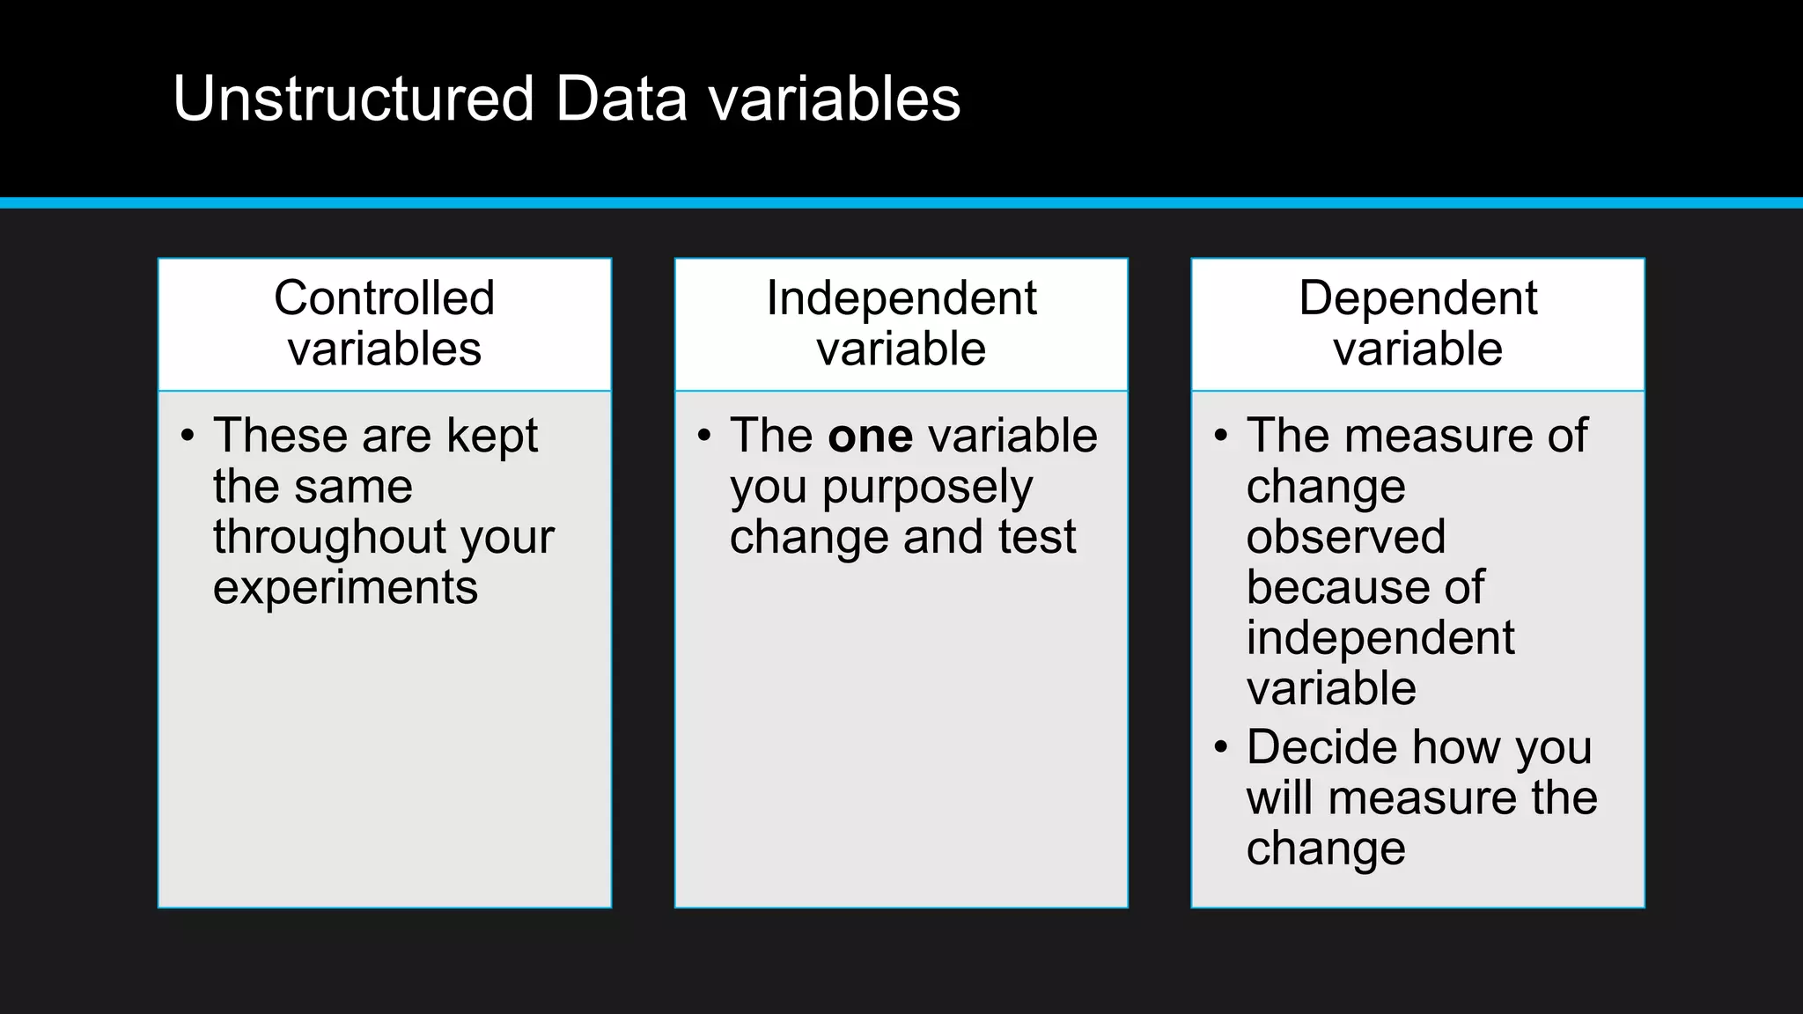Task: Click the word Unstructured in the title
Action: (x=353, y=98)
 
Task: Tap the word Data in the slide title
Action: (x=621, y=98)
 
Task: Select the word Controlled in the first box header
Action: (x=384, y=298)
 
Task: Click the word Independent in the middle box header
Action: (x=901, y=298)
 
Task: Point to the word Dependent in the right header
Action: (x=1417, y=298)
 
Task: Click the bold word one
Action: (x=870, y=436)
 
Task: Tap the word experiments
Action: (x=345, y=587)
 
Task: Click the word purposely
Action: (x=927, y=487)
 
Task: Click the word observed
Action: (x=1345, y=537)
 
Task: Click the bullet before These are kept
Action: (x=187, y=436)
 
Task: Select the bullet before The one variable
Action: (x=703, y=436)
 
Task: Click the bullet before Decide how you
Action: (x=1220, y=747)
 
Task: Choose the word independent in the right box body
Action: (x=1380, y=638)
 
